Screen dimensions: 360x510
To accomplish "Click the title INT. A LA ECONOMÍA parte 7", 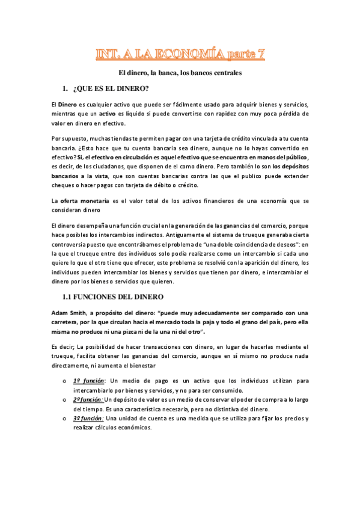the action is (180, 55).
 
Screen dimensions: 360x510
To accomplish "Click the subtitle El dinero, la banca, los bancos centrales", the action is (180, 73).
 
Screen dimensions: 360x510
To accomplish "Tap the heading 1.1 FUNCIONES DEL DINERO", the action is (113, 296).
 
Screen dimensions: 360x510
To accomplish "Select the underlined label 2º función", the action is (88, 400).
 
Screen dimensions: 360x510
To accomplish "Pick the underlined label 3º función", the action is (88, 419).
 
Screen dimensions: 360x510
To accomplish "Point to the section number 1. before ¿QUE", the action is (66, 89).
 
